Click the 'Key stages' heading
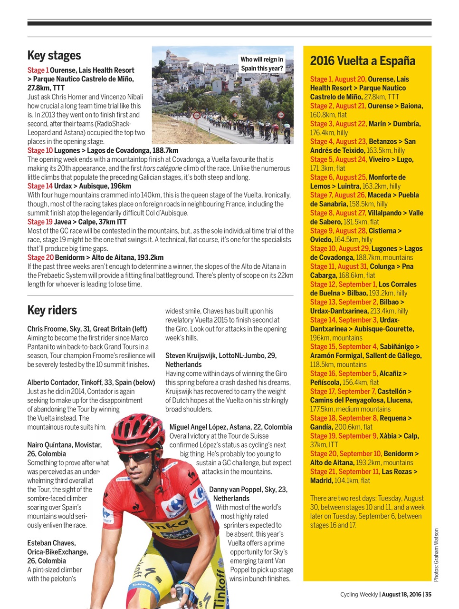pyautogui.click(x=54, y=56)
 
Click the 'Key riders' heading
pyautogui.click(x=52, y=310)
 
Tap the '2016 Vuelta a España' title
pyautogui.click(x=363, y=61)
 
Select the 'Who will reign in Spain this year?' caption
pyautogui.click(x=262, y=64)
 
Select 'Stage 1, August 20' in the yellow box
pyautogui.click(x=338, y=79)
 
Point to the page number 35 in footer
pyautogui.click(x=428, y=594)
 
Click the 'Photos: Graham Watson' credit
pyautogui.click(x=436, y=555)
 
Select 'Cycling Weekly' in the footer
pyautogui.click(x=359, y=594)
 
